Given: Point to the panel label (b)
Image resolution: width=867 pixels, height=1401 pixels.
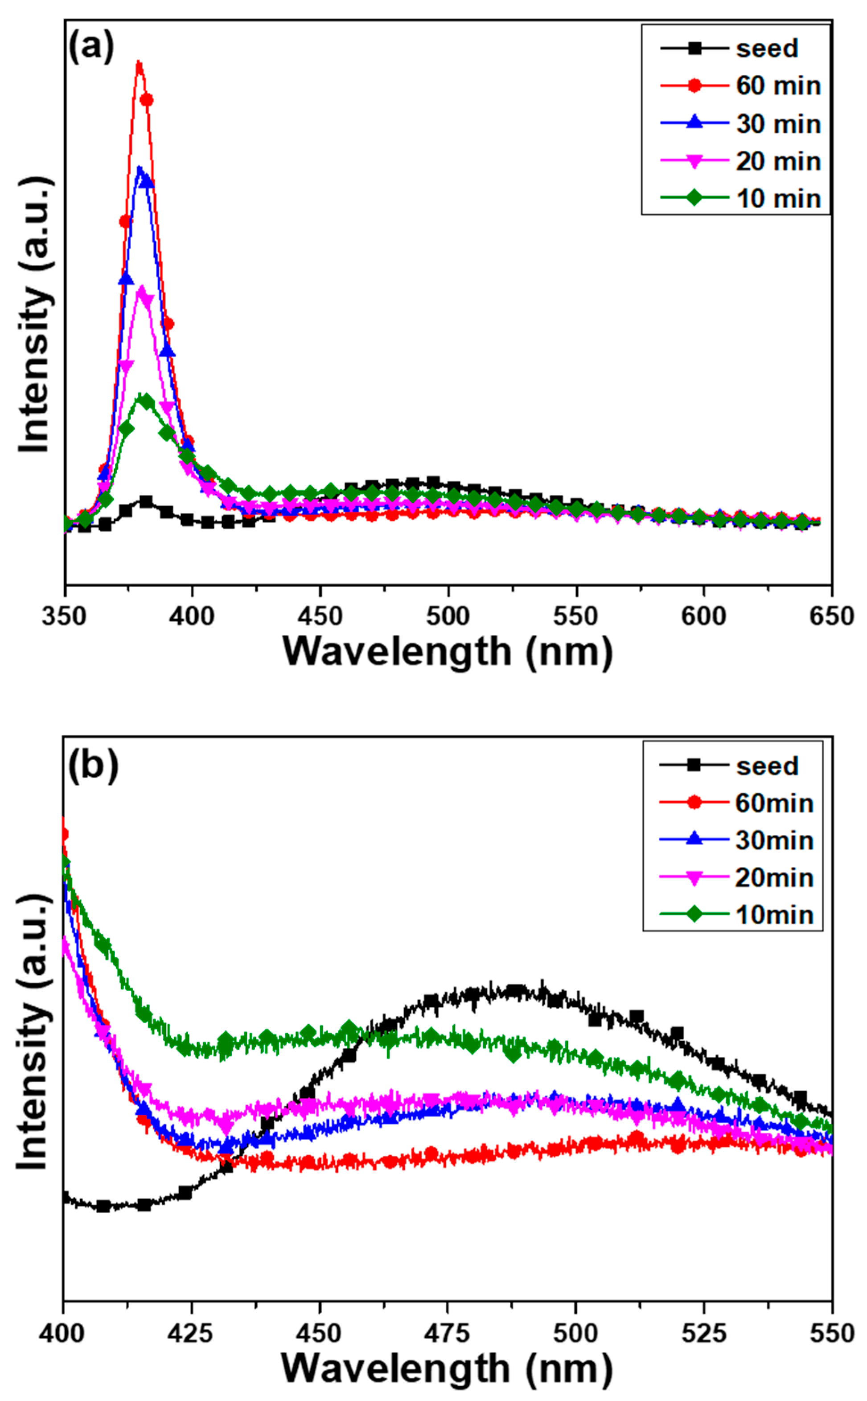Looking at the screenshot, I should coord(93,765).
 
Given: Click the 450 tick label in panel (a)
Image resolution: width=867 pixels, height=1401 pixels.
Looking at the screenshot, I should coord(320,617).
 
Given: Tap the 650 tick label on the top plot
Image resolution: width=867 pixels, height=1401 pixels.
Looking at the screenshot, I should coord(831,617).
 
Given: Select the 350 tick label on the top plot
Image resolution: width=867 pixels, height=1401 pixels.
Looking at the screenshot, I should coord(64,617).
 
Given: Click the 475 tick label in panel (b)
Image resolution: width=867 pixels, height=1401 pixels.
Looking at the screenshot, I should coord(447,1333).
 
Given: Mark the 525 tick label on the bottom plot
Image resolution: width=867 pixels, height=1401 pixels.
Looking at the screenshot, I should coord(703,1333).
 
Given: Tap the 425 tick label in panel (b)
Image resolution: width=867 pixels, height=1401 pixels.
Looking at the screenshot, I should coord(191,1333).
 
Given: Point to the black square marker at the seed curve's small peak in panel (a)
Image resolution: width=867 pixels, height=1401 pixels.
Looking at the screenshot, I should coord(146,502).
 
